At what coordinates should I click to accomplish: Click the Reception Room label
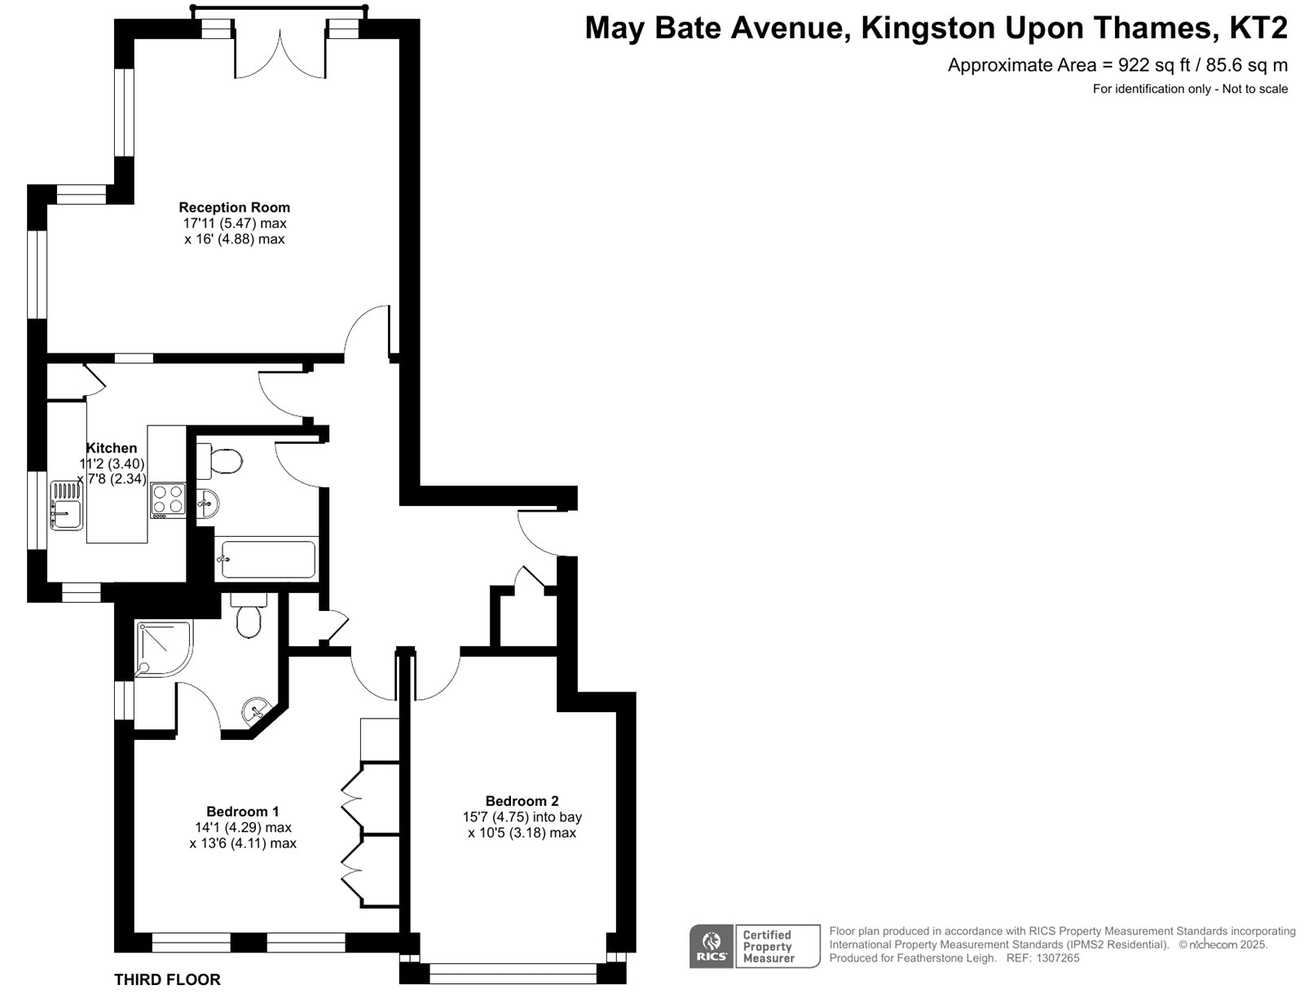[234, 207]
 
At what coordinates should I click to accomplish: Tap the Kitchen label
[112, 448]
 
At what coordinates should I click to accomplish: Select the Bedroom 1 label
[242, 811]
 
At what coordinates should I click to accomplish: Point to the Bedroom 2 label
[522, 800]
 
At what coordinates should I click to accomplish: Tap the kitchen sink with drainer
[67, 506]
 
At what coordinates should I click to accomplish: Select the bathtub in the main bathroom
[267, 558]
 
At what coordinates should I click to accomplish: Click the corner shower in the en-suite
[163, 649]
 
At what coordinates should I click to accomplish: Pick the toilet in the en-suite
[249, 615]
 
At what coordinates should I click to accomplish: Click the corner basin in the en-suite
[257, 710]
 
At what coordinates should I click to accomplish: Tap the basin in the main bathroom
[207, 504]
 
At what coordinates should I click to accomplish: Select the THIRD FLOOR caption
[167, 979]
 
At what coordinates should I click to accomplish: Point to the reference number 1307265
[1057, 958]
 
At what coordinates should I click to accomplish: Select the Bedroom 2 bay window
[512, 973]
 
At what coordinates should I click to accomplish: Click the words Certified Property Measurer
[769, 947]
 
